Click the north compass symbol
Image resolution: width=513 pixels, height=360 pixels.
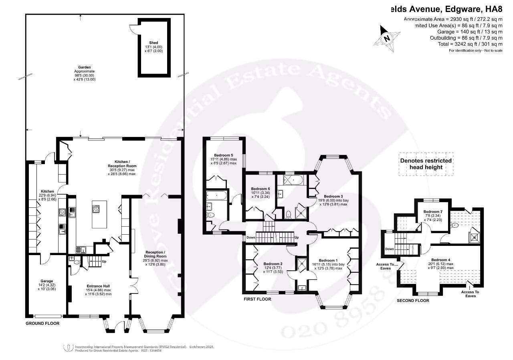point(387,36)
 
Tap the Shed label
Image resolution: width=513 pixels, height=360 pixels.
point(154,42)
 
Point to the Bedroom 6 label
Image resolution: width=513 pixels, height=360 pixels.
point(261,189)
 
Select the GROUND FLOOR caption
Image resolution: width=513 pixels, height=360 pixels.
point(42,323)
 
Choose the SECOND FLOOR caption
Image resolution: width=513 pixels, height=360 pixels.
point(413,300)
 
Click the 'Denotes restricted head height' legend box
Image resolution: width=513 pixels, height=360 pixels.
point(426,164)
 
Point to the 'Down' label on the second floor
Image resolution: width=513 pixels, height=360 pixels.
point(390,249)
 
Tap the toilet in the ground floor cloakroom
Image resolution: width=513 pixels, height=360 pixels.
point(76,263)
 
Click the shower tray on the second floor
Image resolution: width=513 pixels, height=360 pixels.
point(475,236)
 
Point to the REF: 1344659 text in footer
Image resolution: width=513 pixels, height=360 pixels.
point(151,350)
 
